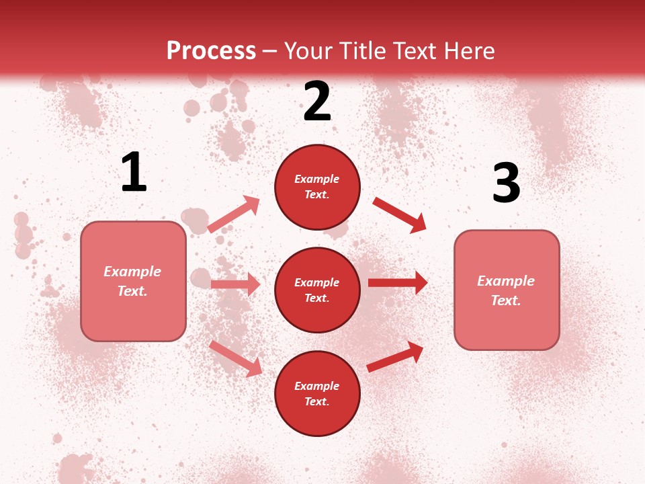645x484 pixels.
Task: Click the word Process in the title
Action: point(211,51)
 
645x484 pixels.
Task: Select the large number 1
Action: point(134,173)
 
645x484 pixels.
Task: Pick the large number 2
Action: point(317,102)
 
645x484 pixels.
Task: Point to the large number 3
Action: point(506,184)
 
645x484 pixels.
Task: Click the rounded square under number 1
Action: point(133,281)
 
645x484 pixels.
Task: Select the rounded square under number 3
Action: point(507,290)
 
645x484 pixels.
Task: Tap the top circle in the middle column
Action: point(317,187)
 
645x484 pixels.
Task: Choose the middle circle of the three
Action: point(317,290)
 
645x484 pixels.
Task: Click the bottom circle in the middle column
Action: point(317,394)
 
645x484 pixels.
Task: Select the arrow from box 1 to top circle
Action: point(234,214)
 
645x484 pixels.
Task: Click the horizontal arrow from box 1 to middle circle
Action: point(235,284)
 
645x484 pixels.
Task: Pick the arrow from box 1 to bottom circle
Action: point(235,358)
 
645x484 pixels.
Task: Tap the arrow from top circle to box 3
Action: point(399,214)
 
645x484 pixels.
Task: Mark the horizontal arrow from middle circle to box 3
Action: point(398,282)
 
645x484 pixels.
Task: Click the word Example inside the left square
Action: point(132,272)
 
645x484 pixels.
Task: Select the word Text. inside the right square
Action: point(506,300)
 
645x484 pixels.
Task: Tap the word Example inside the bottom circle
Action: point(317,386)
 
